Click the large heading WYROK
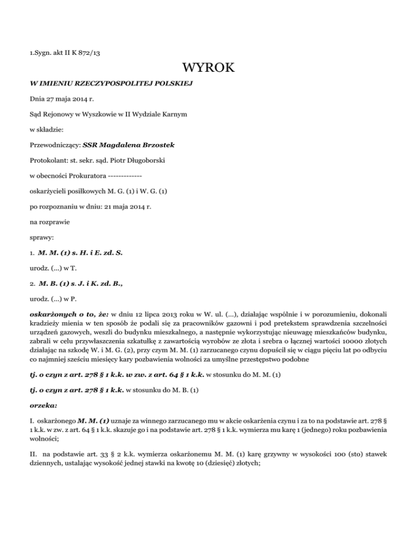point(208,68)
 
